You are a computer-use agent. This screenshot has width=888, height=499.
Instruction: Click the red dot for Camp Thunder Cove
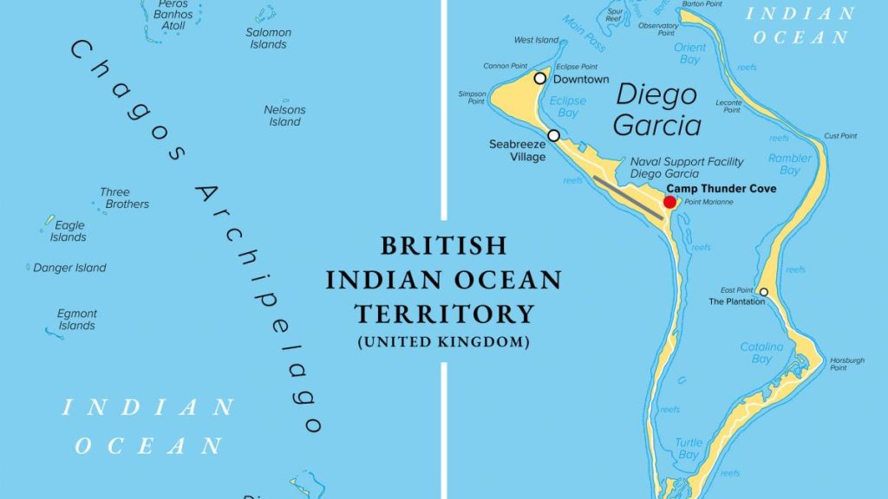tap(669, 202)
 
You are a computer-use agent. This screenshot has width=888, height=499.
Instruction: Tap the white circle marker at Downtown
tap(539, 78)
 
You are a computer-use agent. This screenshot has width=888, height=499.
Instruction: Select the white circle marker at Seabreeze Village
tap(553, 135)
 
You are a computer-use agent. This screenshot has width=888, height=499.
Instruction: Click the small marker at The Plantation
tap(763, 292)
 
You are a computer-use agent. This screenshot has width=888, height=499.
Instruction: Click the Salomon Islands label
tap(268, 38)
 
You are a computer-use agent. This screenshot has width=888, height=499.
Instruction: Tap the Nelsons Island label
tap(284, 116)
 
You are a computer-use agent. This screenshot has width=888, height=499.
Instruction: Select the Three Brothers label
tap(125, 198)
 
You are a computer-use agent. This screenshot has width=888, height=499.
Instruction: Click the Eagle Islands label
tap(68, 231)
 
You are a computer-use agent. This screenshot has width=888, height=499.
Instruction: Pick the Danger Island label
tap(69, 268)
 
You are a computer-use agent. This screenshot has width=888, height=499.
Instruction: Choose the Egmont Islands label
tap(77, 320)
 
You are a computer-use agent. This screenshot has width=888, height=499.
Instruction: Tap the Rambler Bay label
tap(790, 164)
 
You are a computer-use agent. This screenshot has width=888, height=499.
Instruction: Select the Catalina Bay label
tap(761, 353)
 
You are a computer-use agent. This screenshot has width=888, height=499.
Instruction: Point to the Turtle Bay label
tap(689, 449)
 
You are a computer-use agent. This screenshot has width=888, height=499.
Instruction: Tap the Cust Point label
tap(840, 136)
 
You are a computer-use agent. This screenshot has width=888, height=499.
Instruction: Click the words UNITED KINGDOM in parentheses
tap(443, 342)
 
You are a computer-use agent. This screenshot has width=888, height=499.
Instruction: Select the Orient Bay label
tap(690, 54)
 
